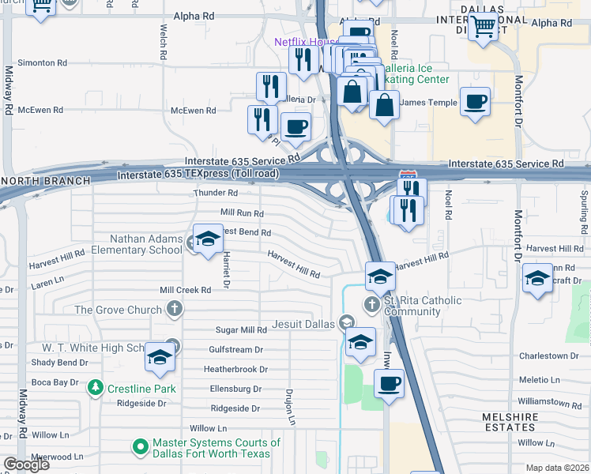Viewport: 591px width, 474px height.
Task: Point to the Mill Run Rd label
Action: pyautogui.click(x=242, y=213)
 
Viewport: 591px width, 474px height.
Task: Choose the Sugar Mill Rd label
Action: pyautogui.click(x=242, y=329)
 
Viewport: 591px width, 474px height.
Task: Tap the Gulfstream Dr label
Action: pyautogui.click(x=235, y=349)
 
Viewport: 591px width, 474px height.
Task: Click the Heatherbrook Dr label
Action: pyautogui.click(x=235, y=369)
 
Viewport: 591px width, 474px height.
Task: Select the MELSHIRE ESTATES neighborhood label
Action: pyautogui.click(x=510, y=423)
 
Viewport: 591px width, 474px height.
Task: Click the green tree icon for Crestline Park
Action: pyautogui.click(x=95, y=388)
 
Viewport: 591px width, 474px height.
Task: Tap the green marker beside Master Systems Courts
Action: pyautogui.click(x=141, y=448)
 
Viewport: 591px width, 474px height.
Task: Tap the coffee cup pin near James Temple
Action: pyautogui.click(x=475, y=103)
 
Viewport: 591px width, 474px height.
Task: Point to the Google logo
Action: pyautogui.click(x=26, y=464)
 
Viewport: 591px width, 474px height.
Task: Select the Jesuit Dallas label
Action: pyautogui.click(x=303, y=322)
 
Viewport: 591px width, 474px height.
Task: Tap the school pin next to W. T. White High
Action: pyautogui.click(x=160, y=358)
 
